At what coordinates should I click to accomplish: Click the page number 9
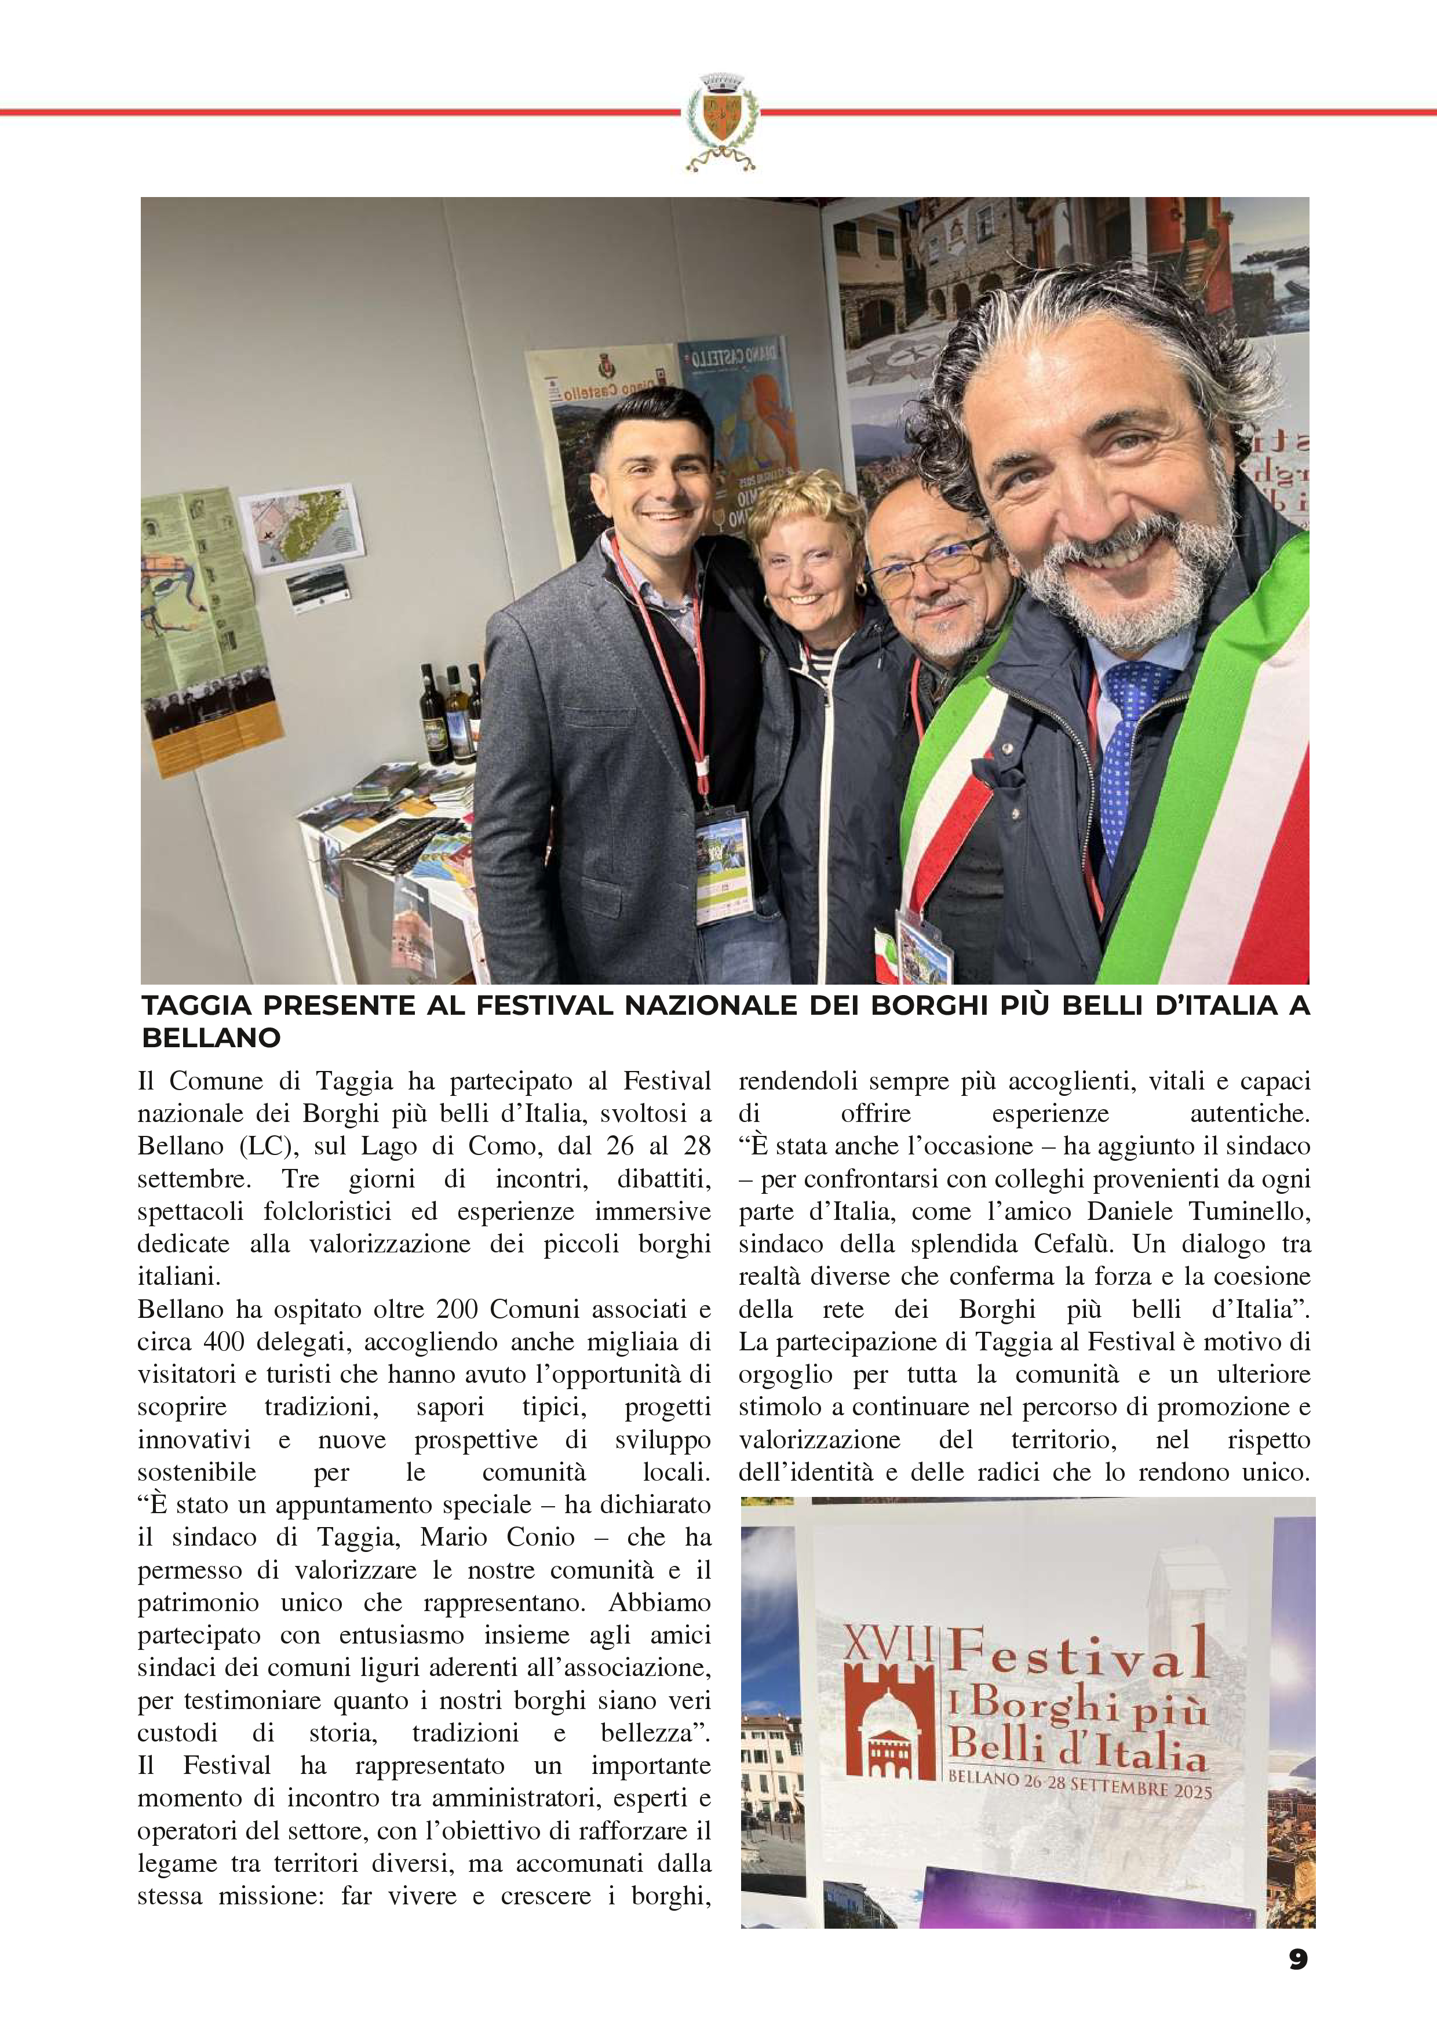coord(1297,1959)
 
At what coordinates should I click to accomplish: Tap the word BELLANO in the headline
coord(211,1038)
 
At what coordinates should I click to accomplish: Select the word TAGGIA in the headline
coord(196,1006)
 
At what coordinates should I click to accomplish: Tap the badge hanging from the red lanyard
coord(723,867)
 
